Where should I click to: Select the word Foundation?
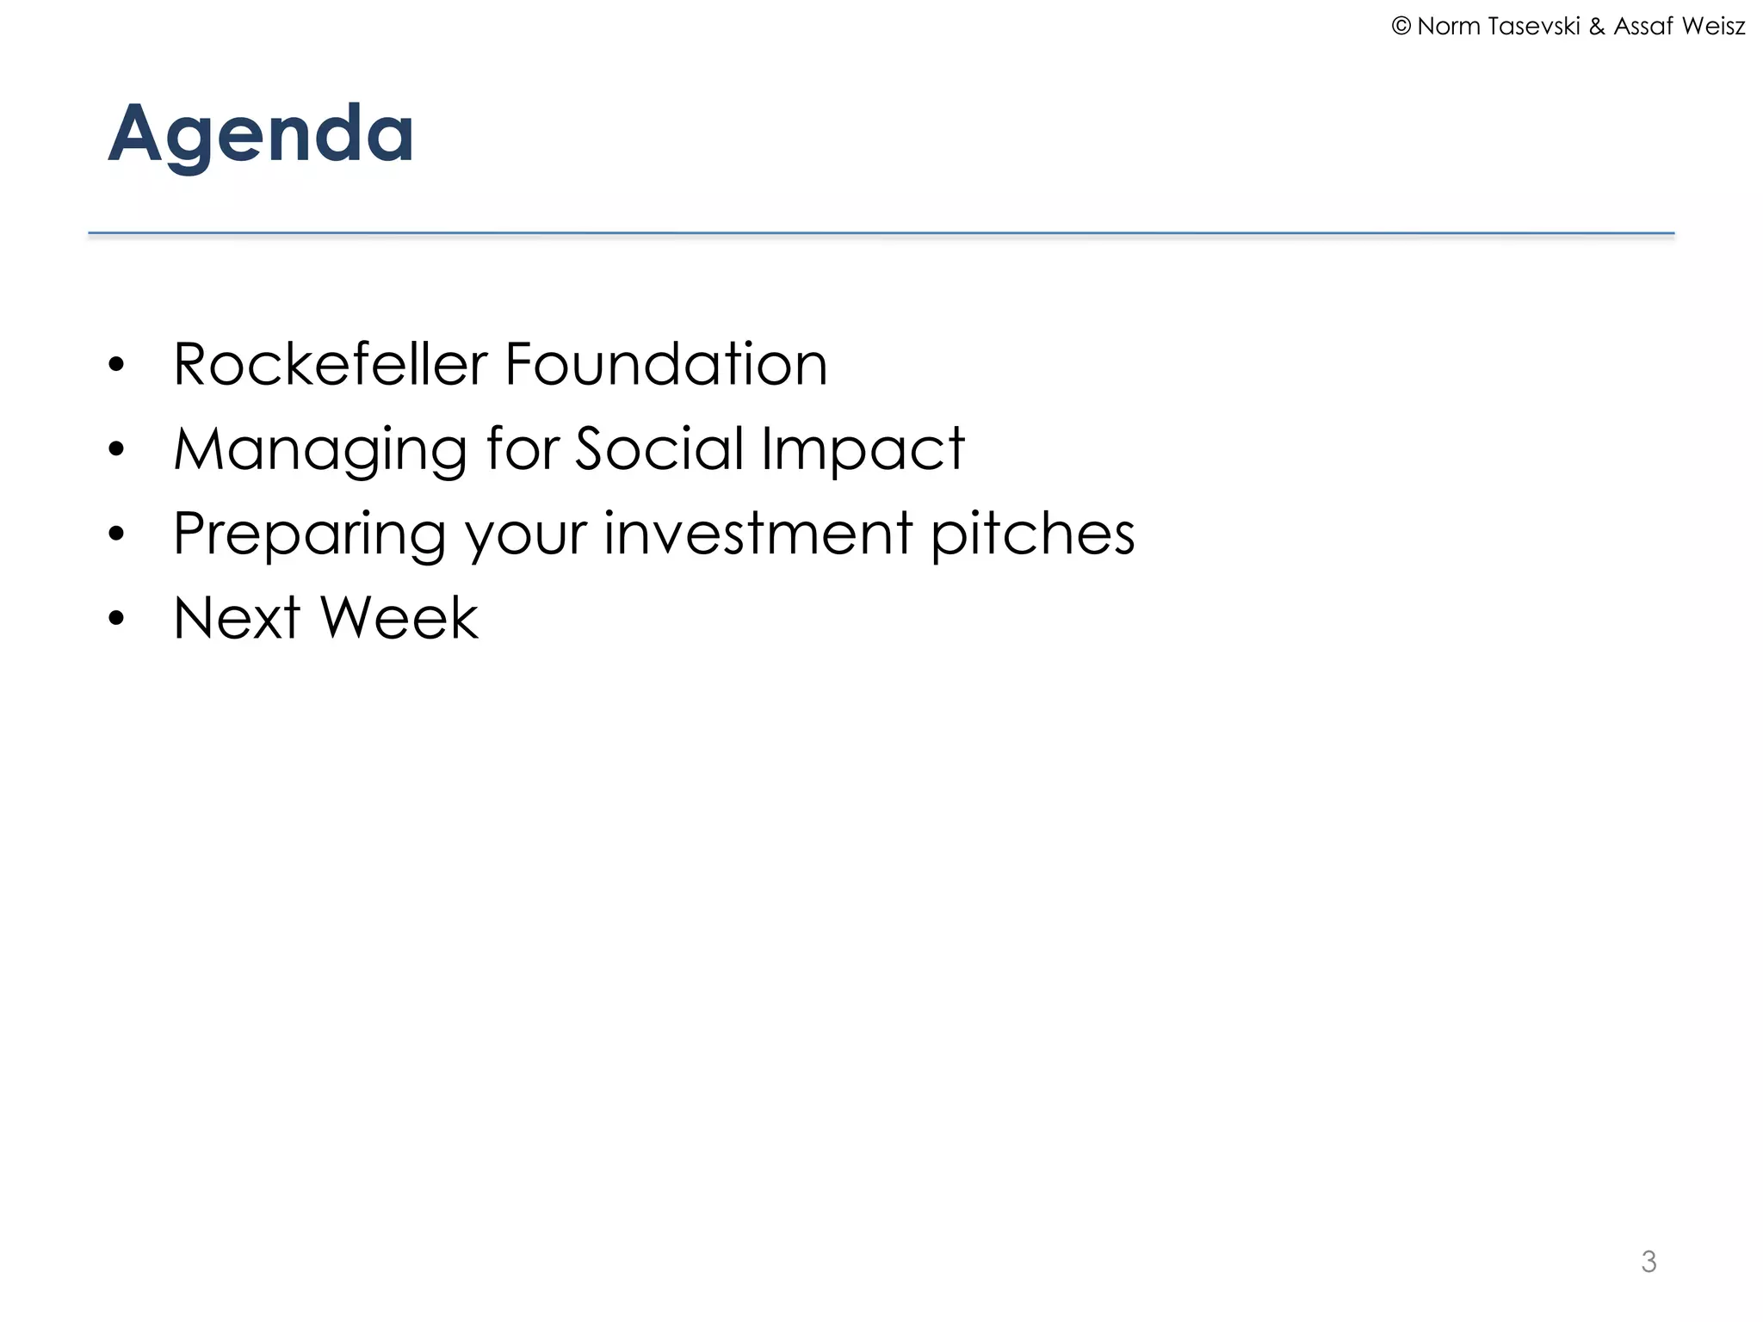click(x=665, y=364)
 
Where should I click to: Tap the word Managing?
click(x=320, y=450)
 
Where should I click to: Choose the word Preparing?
click(x=310, y=534)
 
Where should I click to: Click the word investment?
click(x=758, y=533)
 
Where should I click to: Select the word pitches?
click(x=1033, y=534)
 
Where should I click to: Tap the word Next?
click(x=237, y=618)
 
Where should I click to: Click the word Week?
click(x=399, y=618)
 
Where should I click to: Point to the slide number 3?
click(x=1649, y=1262)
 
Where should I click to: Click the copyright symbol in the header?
click(x=1401, y=27)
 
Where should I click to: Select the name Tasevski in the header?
click(x=1534, y=27)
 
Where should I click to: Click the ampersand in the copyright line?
click(x=1597, y=27)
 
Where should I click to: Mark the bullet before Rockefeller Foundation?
click(x=117, y=366)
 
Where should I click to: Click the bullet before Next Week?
click(x=117, y=619)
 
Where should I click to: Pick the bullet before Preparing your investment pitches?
click(x=117, y=534)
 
